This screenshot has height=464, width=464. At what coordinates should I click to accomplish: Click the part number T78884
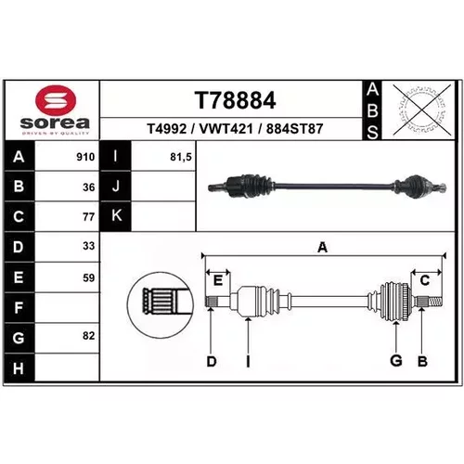tap(235, 100)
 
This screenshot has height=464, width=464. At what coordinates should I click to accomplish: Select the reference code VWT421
tap(226, 129)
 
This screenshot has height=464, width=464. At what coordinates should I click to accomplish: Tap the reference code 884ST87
tap(294, 129)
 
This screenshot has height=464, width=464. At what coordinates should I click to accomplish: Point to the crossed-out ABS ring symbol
tap(422, 110)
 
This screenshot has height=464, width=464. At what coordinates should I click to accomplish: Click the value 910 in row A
tap(85, 157)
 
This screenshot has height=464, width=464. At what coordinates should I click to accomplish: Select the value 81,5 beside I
tap(181, 158)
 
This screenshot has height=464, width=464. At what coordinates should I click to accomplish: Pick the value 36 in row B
tap(89, 187)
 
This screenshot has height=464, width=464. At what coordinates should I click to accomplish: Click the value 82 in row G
tap(89, 336)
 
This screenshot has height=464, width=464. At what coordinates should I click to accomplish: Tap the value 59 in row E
tap(89, 277)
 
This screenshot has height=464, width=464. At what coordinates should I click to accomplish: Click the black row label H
tap(19, 368)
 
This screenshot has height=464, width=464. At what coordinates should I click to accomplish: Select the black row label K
tap(116, 215)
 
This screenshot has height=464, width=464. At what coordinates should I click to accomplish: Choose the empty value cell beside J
tap(163, 187)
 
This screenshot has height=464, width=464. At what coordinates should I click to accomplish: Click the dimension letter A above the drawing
tap(322, 248)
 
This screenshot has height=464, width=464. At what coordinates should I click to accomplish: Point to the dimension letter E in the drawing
tap(218, 281)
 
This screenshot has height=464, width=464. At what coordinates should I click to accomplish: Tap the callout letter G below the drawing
tap(396, 360)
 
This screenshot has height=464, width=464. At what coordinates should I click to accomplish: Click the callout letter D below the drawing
tap(212, 361)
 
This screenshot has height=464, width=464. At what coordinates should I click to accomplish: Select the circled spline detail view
tap(161, 304)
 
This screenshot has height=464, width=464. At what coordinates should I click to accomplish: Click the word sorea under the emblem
tap(55, 123)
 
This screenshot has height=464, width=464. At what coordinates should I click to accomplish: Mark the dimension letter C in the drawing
tap(425, 280)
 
